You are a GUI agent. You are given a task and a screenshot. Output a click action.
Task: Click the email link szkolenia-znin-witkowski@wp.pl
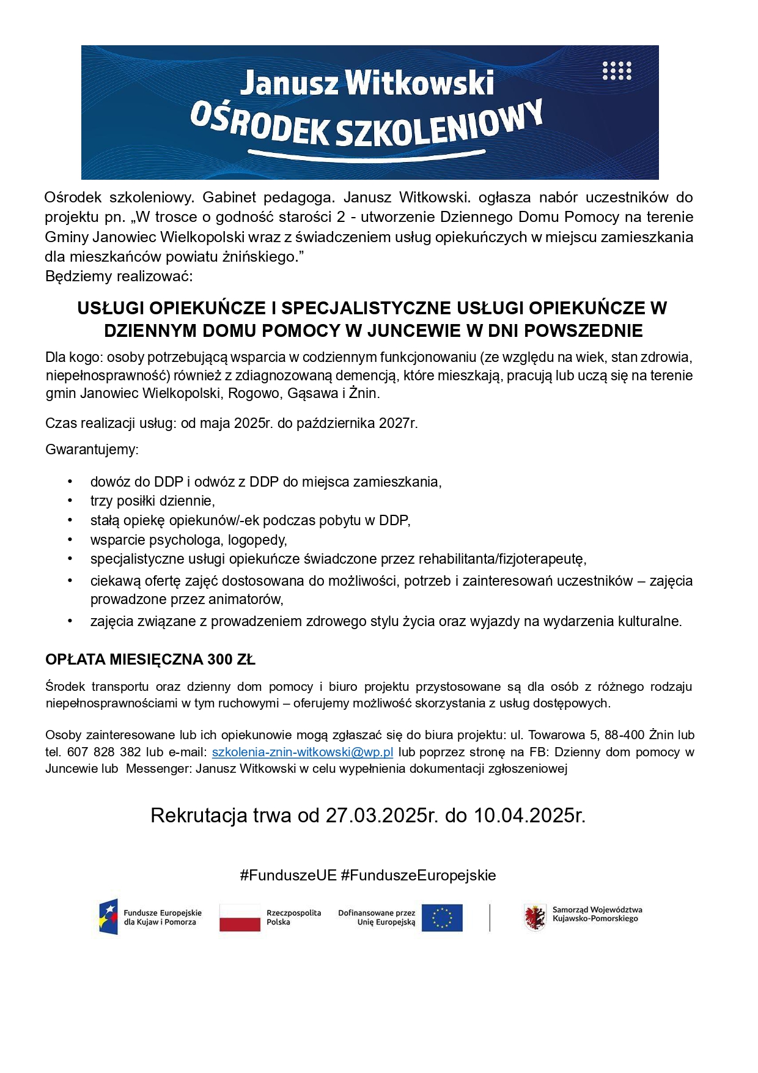point(302,752)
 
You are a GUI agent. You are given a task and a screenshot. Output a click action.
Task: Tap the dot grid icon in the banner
point(617,71)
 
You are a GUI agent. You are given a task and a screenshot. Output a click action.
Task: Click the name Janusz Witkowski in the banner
point(367,83)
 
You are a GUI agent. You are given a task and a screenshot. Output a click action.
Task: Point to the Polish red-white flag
point(240,918)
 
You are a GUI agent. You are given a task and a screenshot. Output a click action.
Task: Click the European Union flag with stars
point(442,918)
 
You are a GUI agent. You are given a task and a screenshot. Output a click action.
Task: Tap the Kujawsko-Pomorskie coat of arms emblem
point(535,917)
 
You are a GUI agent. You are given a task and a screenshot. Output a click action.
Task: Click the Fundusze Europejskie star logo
point(109,917)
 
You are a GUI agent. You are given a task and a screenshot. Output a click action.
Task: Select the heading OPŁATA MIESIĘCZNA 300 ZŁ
point(150,660)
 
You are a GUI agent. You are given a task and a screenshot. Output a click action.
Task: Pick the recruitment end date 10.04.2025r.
point(529,816)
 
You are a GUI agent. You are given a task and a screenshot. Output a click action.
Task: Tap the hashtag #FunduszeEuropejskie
point(418,875)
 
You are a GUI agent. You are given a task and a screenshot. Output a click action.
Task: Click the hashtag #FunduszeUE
point(288,875)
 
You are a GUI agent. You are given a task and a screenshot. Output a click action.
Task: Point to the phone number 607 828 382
point(104,752)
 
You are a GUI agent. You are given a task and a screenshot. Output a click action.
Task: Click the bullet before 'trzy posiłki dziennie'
point(70,501)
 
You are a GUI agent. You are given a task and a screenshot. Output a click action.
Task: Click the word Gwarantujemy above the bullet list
point(92,450)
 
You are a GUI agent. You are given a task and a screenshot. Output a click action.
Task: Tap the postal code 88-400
point(624,735)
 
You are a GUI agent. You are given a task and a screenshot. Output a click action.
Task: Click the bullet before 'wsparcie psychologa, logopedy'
point(70,540)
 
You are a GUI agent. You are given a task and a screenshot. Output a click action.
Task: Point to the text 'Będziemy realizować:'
point(119,276)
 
